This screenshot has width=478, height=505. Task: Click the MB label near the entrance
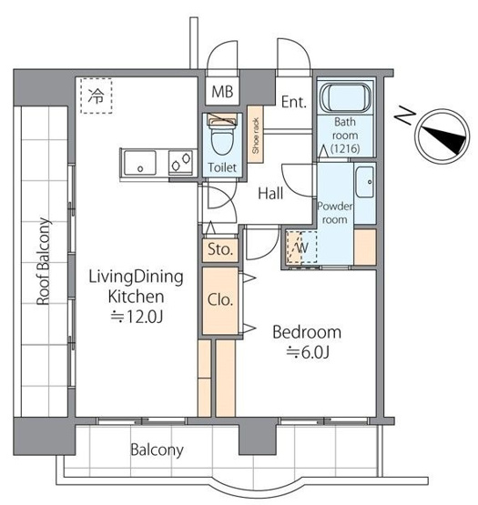tap(221, 92)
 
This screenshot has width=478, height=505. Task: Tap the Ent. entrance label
tap(293, 101)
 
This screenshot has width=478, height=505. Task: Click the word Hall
tap(270, 194)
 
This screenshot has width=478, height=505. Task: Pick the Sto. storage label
tap(219, 248)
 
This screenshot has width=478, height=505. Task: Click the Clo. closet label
tap(221, 299)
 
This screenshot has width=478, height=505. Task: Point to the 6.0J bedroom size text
tap(308, 351)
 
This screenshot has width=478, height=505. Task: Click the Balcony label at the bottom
tap(156, 449)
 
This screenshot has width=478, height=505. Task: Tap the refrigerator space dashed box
tap(94, 95)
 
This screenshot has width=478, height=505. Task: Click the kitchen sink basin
tap(141, 165)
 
